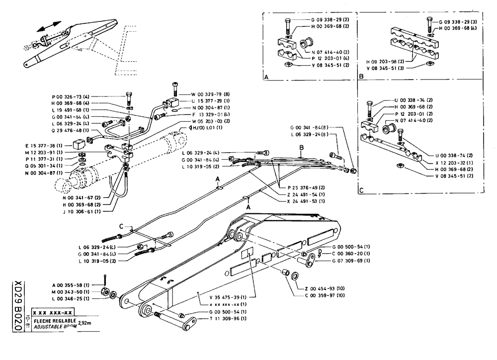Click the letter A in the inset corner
[267, 78]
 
